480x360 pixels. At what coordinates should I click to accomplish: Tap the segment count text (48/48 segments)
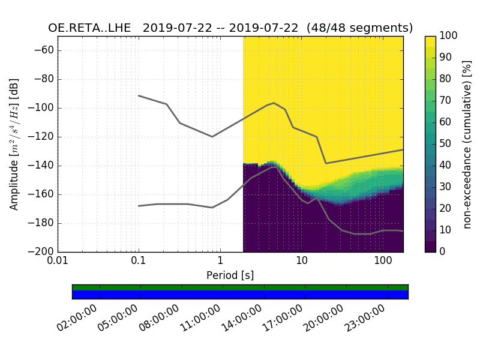pyautogui.click(x=359, y=28)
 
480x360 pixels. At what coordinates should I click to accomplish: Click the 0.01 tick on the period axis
pyautogui.click(x=58, y=262)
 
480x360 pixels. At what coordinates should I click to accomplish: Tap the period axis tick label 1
pyautogui.click(x=220, y=262)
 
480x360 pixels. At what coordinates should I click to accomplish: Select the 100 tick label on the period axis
pyautogui.click(x=383, y=262)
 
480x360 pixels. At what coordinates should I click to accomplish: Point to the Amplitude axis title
pyautogui.click(x=14, y=144)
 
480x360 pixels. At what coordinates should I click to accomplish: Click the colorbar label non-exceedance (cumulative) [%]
pyautogui.click(x=467, y=144)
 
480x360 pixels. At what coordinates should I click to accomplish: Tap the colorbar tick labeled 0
pyautogui.click(x=443, y=252)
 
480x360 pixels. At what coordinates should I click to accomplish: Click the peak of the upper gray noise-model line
pyautogui.click(x=274, y=103)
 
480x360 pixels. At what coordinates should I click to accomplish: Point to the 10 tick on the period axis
pyautogui.click(x=301, y=262)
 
